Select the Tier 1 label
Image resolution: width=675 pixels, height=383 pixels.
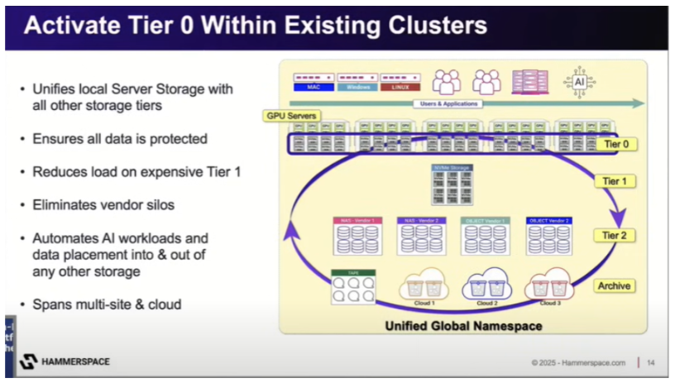tap(614, 181)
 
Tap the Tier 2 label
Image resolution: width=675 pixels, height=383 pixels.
tap(614, 235)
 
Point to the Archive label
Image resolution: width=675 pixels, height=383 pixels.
tap(614, 285)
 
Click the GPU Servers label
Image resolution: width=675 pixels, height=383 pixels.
tap(292, 116)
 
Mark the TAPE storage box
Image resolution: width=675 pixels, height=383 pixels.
tap(352, 286)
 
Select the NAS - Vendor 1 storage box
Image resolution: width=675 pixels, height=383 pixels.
tap(357, 237)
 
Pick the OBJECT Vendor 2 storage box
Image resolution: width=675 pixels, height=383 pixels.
tap(548, 237)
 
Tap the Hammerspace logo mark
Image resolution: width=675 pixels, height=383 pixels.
tap(28, 361)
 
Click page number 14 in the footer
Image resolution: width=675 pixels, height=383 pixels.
tap(651, 361)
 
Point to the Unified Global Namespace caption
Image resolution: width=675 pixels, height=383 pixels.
tap(463, 326)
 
